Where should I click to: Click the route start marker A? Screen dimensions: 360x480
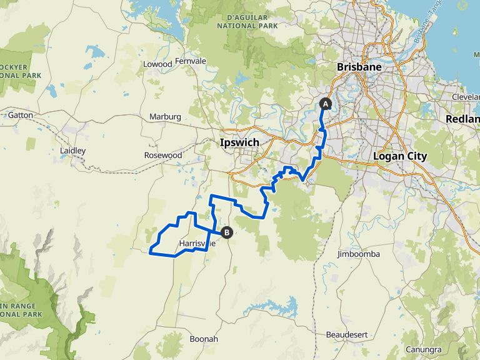pos(325,104)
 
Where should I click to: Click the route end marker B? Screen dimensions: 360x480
pos(227,232)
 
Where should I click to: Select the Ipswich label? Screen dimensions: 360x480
pos(239,142)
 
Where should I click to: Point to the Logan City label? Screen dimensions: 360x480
pos(399,156)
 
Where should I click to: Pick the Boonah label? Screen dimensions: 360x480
pos(204,339)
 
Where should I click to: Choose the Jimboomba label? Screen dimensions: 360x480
pos(358,254)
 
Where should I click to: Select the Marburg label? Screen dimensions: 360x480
pos(165,117)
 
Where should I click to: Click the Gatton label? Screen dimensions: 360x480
pos(19,115)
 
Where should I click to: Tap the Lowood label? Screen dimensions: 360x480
pos(157,64)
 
